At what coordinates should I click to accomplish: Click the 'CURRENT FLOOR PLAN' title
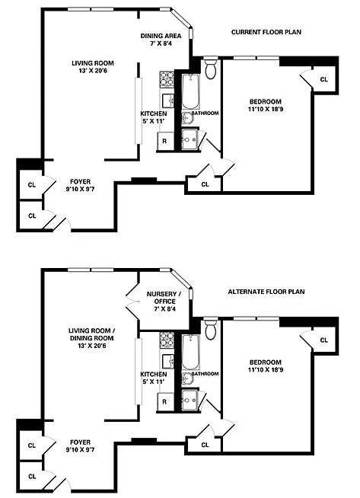click(266, 32)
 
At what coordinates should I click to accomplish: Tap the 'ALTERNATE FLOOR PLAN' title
click(266, 292)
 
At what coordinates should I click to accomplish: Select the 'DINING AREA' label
click(161, 36)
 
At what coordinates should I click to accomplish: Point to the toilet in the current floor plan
click(210, 68)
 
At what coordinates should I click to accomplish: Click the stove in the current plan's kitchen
click(167, 79)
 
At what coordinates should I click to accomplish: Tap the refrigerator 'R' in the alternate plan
click(164, 402)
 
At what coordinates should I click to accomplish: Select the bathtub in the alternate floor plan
click(190, 353)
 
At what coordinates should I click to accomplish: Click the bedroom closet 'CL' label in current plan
click(323, 79)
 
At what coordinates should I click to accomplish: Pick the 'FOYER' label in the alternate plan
click(81, 442)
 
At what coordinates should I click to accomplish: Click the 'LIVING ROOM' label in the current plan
click(92, 63)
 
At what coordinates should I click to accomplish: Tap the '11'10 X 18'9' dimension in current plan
click(266, 109)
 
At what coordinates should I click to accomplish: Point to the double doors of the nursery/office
click(132, 301)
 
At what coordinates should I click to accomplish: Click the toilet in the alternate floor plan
click(210, 328)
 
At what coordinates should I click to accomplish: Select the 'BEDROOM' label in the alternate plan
click(266, 362)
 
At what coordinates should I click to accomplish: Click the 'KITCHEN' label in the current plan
click(154, 113)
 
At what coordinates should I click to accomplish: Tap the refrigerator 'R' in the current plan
click(164, 141)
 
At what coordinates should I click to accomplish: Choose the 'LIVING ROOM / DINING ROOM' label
click(92, 334)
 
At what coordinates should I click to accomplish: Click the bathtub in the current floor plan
click(190, 91)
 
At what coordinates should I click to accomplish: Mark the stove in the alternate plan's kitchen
click(167, 340)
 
